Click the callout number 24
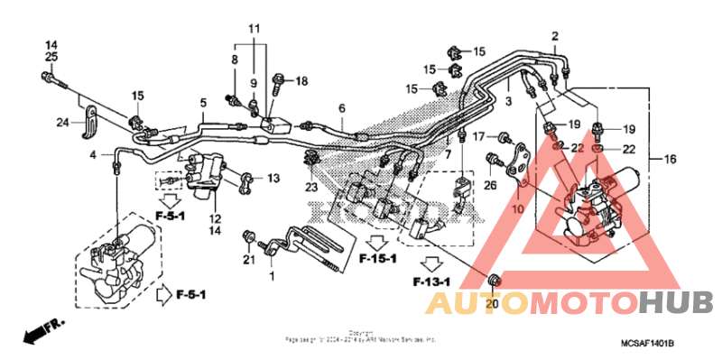pos(62,123)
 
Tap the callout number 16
pos(669,159)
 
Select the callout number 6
pos(342,108)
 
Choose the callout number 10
pos(520,209)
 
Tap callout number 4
pos(92,155)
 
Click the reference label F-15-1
pos(378,260)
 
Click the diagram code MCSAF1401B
pos(647,344)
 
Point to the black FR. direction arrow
pos(35,333)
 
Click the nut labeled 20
pos(494,281)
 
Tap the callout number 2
pos(555,36)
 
